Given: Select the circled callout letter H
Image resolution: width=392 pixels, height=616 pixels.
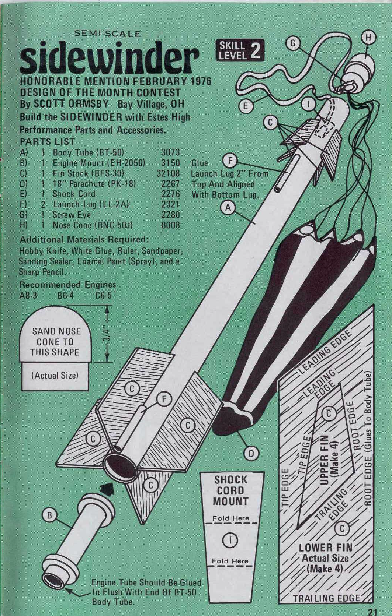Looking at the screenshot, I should [370, 37].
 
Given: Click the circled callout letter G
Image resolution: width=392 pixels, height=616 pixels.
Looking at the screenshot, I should [293, 43].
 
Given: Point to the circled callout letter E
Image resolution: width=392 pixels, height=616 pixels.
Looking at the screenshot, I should [246, 106].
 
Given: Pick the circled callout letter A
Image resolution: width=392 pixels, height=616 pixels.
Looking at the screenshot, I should [228, 208].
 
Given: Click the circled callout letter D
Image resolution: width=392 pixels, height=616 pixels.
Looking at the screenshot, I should [251, 453].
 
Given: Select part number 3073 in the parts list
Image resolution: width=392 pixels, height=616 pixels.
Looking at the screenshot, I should [170, 152].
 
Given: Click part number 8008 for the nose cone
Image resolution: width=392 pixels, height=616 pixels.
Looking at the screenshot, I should [170, 225].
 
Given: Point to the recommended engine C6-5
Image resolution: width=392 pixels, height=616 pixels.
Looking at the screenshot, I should [104, 295].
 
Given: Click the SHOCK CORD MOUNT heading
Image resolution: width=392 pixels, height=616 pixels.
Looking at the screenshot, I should [231, 490].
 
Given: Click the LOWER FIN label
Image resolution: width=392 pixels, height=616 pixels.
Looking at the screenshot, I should [325, 548].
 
